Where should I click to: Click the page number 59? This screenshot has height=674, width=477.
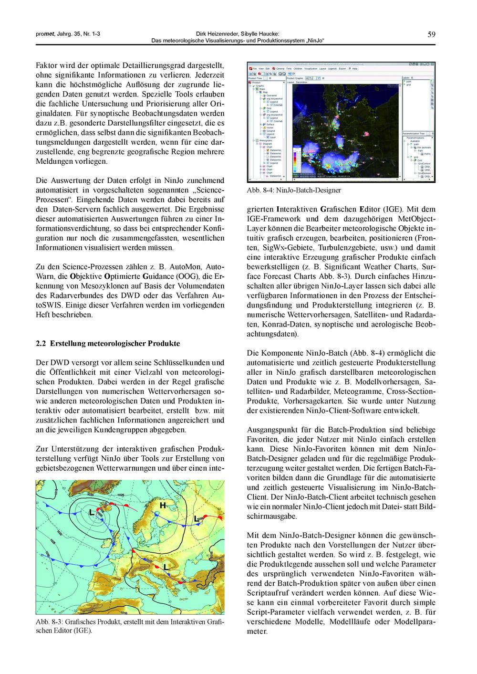coord(431,34)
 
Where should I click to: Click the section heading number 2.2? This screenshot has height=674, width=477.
coord(41,343)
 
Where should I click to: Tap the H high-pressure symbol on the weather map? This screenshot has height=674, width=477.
coord(163,505)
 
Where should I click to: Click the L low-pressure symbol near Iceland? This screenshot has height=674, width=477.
coord(91,513)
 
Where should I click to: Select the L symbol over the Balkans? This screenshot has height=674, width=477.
coord(166,567)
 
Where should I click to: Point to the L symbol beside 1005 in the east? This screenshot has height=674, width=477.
coord(196,519)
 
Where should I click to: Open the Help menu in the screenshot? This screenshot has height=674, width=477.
coord(353,69)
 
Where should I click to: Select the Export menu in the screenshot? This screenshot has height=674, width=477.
coord(342,69)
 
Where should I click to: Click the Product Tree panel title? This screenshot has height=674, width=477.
coord(255,78)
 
